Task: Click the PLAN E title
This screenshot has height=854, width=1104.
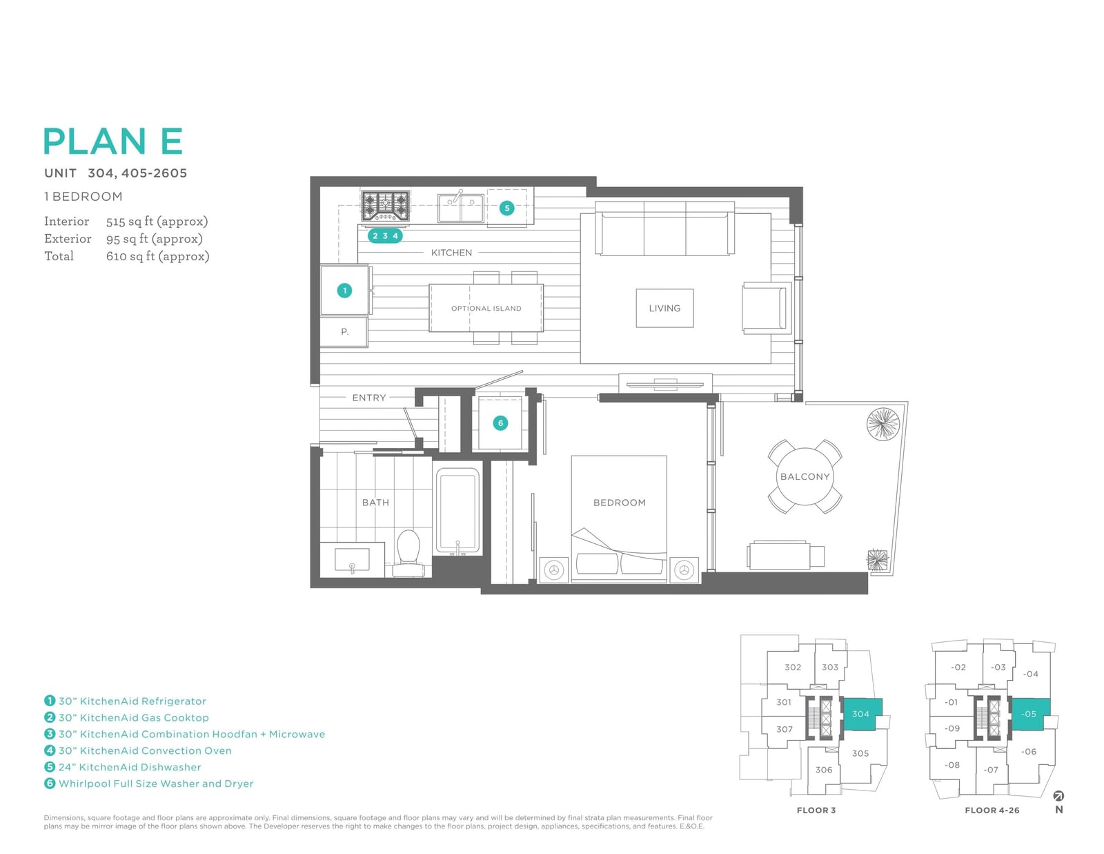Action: (x=112, y=141)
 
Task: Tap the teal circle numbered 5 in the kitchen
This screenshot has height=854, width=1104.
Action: (x=506, y=208)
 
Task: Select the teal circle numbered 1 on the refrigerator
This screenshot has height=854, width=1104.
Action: (x=344, y=290)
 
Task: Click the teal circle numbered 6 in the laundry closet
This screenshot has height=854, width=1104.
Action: (x=500, y=423)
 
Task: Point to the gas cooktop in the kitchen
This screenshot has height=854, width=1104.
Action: (x=385, y=206)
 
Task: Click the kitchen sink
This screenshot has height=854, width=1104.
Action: (x=461, y=208)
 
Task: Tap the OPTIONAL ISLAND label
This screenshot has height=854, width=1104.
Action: (x=486, y=308)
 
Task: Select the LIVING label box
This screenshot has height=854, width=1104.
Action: (x=664, y=308)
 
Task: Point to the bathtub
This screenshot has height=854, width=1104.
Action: (x=457, y=512)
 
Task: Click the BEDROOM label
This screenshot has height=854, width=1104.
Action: (x=620, y=503)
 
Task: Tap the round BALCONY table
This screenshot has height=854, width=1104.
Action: (x=805, y=476)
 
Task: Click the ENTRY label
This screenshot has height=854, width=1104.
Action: (x=369, y=398)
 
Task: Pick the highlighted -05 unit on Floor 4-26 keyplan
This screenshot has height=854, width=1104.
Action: (x=1029, y=714)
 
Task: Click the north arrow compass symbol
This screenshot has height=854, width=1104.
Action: (x=1058, y=796)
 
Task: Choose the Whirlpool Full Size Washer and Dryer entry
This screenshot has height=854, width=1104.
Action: (x=149, y=784)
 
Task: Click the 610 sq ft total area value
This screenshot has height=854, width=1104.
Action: (x=157, y=255)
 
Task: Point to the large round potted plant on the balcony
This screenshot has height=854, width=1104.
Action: (x=883, y=424)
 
